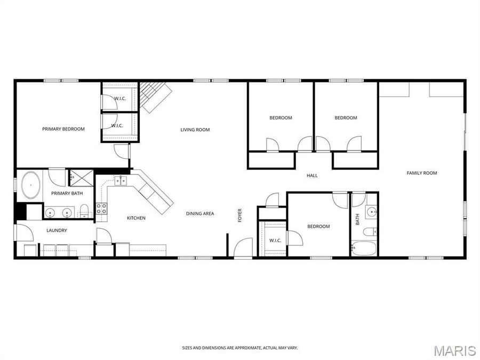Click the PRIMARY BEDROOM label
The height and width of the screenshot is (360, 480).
63,129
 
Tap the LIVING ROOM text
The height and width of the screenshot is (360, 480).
195,130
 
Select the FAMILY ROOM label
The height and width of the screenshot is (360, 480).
422,173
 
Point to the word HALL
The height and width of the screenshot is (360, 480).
312,175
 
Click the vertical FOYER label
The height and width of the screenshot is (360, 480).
240,215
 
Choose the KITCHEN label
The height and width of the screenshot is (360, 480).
136,218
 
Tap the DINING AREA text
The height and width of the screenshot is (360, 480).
200,213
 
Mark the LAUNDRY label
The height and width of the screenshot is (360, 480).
57,230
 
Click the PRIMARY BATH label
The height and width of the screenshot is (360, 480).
67,193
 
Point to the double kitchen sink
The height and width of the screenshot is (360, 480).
121,181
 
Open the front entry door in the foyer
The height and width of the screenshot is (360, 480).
243,248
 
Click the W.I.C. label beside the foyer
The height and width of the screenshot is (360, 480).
275,241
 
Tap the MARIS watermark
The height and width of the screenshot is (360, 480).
454,350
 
